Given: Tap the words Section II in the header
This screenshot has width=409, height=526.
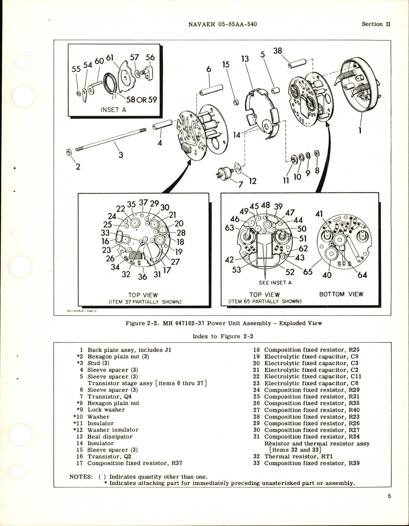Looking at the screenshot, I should (x=376, y=24).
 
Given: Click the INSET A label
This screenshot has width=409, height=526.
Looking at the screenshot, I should (x=113, y=110).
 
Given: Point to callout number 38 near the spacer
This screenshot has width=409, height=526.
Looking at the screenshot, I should (x=277, y=51).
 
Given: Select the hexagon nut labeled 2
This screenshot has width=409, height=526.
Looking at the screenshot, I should (x=68, y=152).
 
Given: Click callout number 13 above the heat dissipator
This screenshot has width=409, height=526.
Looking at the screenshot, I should (x=245, y=59).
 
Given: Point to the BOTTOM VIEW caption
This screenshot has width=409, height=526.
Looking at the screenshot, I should (x=341, y=294).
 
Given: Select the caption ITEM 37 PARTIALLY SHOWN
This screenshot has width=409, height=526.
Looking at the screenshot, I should (x=145, y=302).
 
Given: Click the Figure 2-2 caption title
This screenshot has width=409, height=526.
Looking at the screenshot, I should (x=224, y=323).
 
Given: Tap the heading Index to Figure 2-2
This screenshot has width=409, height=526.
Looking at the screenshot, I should (x=223, y=336).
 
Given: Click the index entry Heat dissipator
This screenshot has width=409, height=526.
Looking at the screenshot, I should (x=110, y=437).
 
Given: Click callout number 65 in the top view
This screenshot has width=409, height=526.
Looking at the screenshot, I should (x=307, y=272).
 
